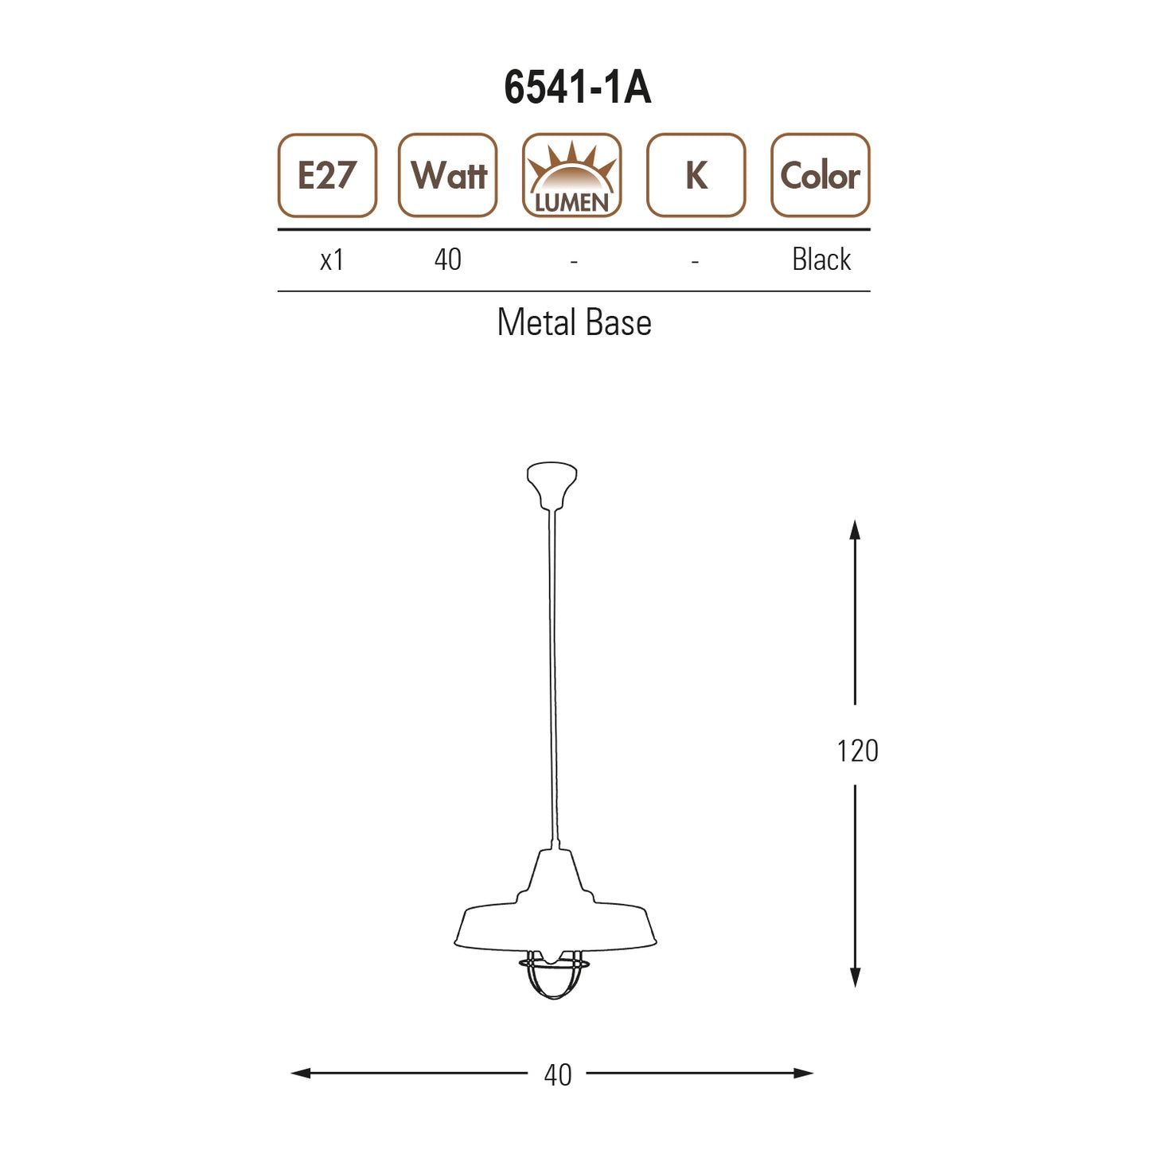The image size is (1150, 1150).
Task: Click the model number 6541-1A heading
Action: (577, 88)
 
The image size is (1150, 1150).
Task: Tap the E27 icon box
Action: (327, 176)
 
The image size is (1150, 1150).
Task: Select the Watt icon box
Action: (448, 176)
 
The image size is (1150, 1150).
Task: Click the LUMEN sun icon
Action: (571, 176)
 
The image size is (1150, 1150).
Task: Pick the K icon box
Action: (696, 176)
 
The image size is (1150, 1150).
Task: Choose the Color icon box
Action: (820, 176)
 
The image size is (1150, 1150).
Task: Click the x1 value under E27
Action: (331, 260)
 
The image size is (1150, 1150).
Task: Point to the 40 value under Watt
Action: (447, 260)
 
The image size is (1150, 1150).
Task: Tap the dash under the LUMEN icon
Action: (573, 261)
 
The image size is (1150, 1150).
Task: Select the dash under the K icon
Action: (695, 261)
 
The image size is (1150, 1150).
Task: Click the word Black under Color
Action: (821, 260)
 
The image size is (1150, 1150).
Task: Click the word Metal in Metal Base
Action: (536, 323)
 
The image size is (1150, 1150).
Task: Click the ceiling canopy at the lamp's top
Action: (552, 481)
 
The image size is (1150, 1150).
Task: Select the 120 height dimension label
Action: (857, 751)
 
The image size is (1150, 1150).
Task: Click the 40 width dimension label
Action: (557, 1075)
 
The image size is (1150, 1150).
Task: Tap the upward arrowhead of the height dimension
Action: (855, 528)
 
